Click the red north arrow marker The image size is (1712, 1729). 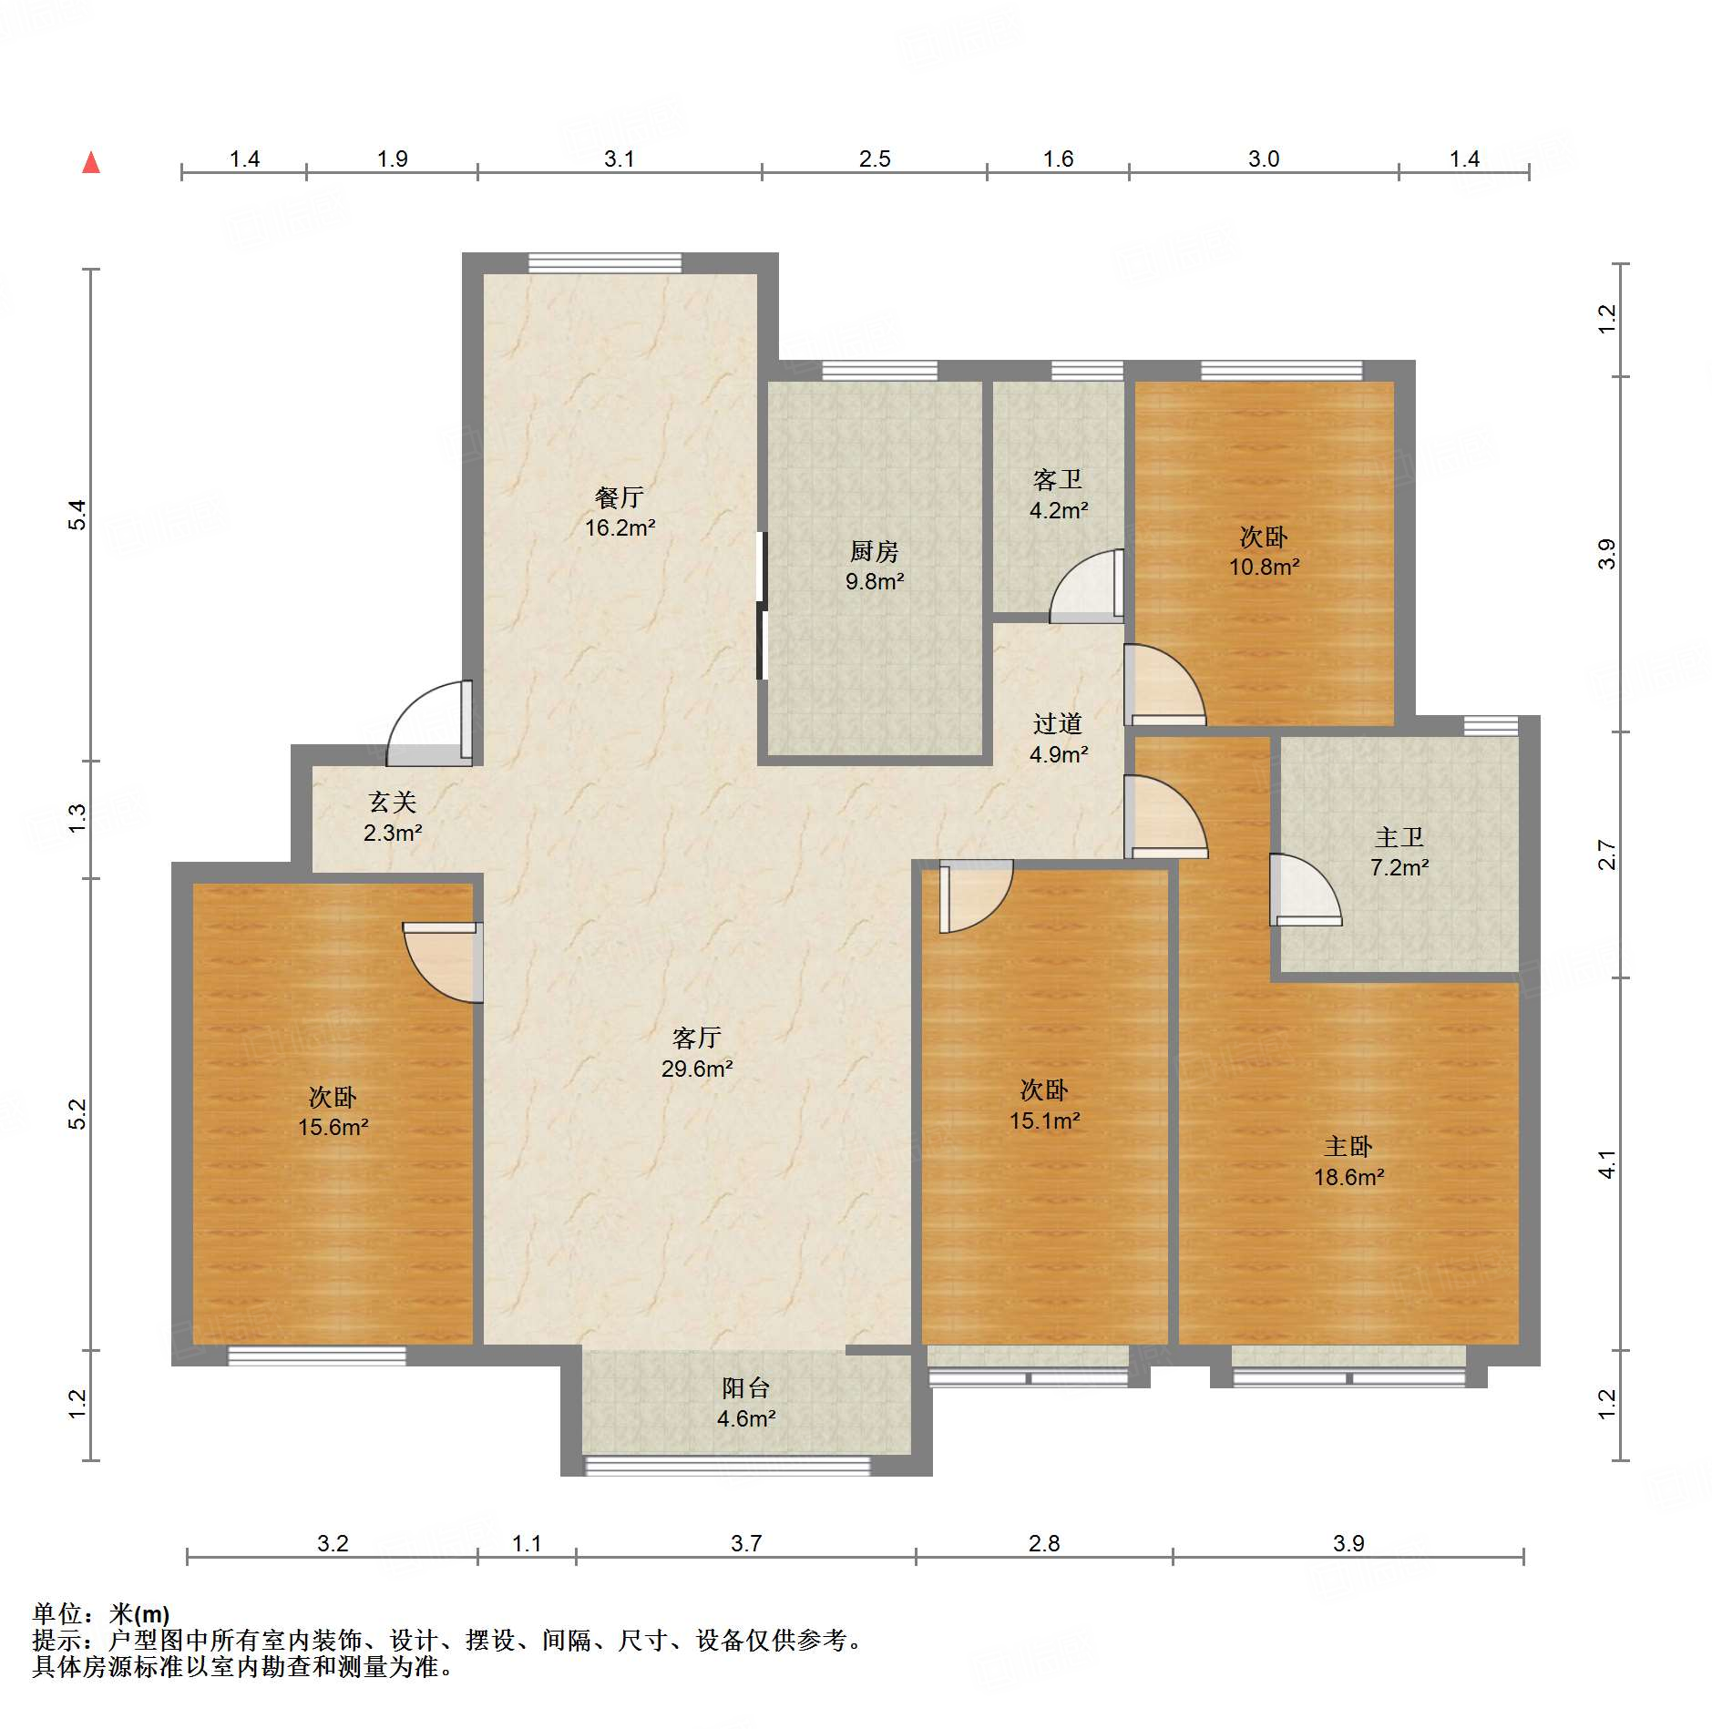click(91, 163)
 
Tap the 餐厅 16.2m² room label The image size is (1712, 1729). click(620, 512)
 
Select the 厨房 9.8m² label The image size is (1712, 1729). click(874, 566)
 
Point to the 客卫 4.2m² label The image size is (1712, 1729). click(1058, 495)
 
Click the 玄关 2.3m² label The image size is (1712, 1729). click(393, 817)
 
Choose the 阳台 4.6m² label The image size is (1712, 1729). click(746, 1403)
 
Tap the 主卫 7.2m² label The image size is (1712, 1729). click(1399, 852)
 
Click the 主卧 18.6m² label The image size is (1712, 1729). click(1348, 1161)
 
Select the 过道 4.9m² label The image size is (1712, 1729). click(1058, 739)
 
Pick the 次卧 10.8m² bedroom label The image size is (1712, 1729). click(1264, 551)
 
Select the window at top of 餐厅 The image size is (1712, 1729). click(605, 263)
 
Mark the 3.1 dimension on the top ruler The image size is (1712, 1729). click(619, 159)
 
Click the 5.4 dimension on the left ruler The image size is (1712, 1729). click(78, 515)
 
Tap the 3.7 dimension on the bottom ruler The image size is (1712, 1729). click(745, 1543)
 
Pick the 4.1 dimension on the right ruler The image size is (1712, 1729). click(1606, 1164)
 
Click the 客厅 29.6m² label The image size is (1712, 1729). click(697, 1053)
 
